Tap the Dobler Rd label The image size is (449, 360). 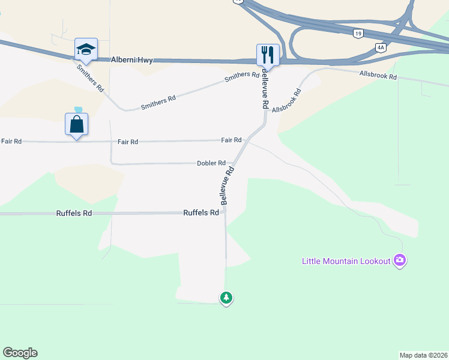[x=211, y=163]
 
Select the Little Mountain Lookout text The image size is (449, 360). [x=346, y=260]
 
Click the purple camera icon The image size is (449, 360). [x=400, y=260]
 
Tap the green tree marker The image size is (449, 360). [x=226, y=298]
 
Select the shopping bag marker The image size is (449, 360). [x=77, y=125]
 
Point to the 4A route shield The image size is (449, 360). [x=380, y=47]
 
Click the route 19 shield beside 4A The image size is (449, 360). [x=358, y=35]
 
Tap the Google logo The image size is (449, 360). [x=20, y=353]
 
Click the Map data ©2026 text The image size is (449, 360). [x=423, y=355]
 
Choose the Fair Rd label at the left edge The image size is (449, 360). [x=11, y=141]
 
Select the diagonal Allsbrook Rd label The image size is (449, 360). [x=286, y=101]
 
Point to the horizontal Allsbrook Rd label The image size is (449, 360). [x=378, y=76]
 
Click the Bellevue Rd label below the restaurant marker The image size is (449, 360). [x=263, y=90]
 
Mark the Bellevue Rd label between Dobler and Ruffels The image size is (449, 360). [x=226, y=187]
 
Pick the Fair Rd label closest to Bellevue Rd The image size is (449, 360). [x=231, y=140]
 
